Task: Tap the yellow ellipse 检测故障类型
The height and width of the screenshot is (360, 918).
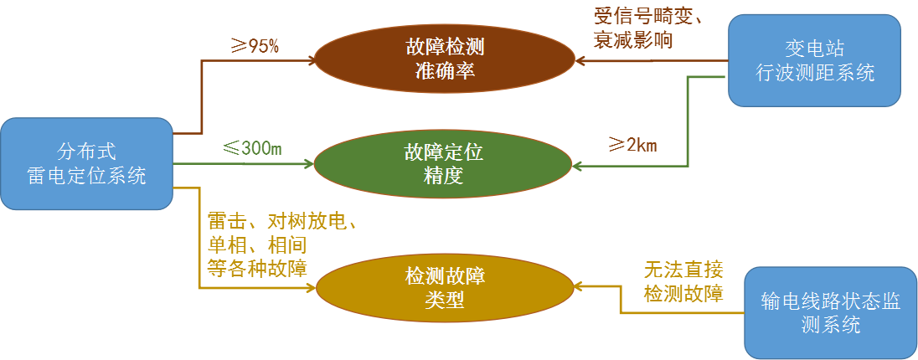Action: tap(445, 288)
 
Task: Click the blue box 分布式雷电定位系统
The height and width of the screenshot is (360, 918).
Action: tap(86, 164)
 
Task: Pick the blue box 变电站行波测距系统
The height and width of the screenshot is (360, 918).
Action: tap(814, 60)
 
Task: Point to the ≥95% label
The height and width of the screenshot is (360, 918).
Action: tap(255, 46)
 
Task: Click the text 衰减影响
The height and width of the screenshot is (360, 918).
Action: tap(633, 39)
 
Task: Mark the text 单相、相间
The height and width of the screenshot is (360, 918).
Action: tap(256, 245)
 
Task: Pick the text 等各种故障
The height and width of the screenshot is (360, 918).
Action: tap(256, 269)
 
